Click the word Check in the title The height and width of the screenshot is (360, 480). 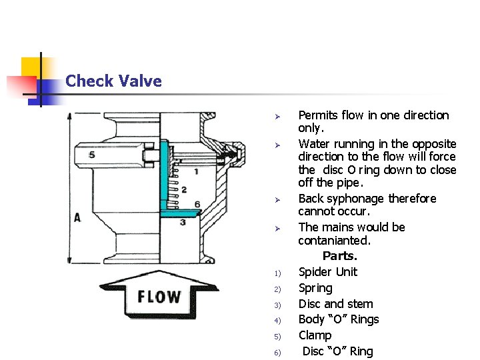(88, 81)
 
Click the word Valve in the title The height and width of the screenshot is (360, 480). (138, 81)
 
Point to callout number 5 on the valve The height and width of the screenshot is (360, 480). (91, 155)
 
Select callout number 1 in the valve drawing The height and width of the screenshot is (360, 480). (195, 172)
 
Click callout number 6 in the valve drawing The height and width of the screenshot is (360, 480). (197, 203)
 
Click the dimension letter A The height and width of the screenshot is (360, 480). (77, 217)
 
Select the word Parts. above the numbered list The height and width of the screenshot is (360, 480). (340, 256)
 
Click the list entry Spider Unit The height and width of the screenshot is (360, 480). (327, 272)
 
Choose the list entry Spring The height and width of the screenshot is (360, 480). (315, 288)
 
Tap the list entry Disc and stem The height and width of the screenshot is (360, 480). (335, 304)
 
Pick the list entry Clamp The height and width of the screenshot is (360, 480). (315, 335)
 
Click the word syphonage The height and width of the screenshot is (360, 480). (358, 199)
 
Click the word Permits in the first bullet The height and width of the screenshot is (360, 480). (317, 115)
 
